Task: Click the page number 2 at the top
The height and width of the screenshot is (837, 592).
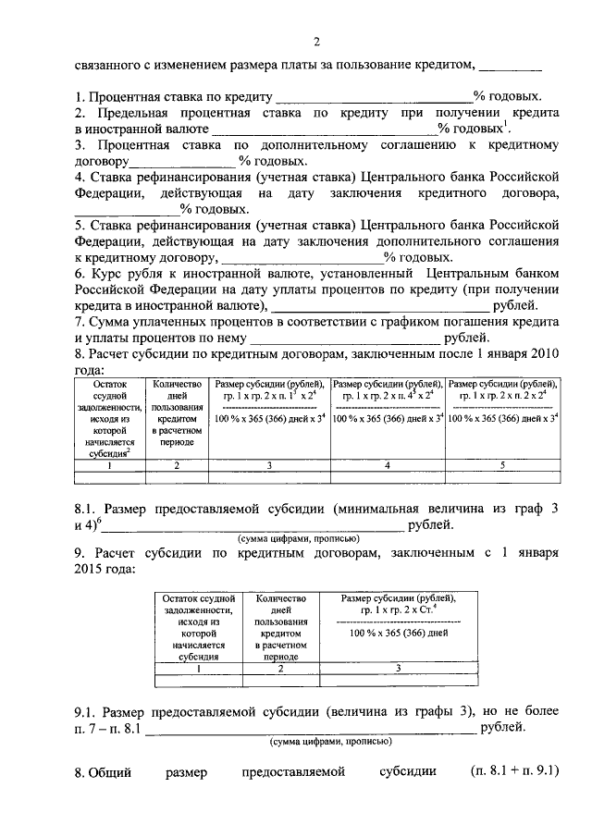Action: (315, 42)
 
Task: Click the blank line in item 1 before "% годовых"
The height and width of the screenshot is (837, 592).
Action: (374, 97)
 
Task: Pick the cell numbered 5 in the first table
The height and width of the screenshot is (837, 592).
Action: (503, 465)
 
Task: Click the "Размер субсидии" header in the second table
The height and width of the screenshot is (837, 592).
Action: (399, 606)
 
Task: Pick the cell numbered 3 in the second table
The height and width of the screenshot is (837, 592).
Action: (399, 667)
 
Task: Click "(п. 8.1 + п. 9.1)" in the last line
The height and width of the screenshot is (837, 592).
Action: (515, 770)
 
